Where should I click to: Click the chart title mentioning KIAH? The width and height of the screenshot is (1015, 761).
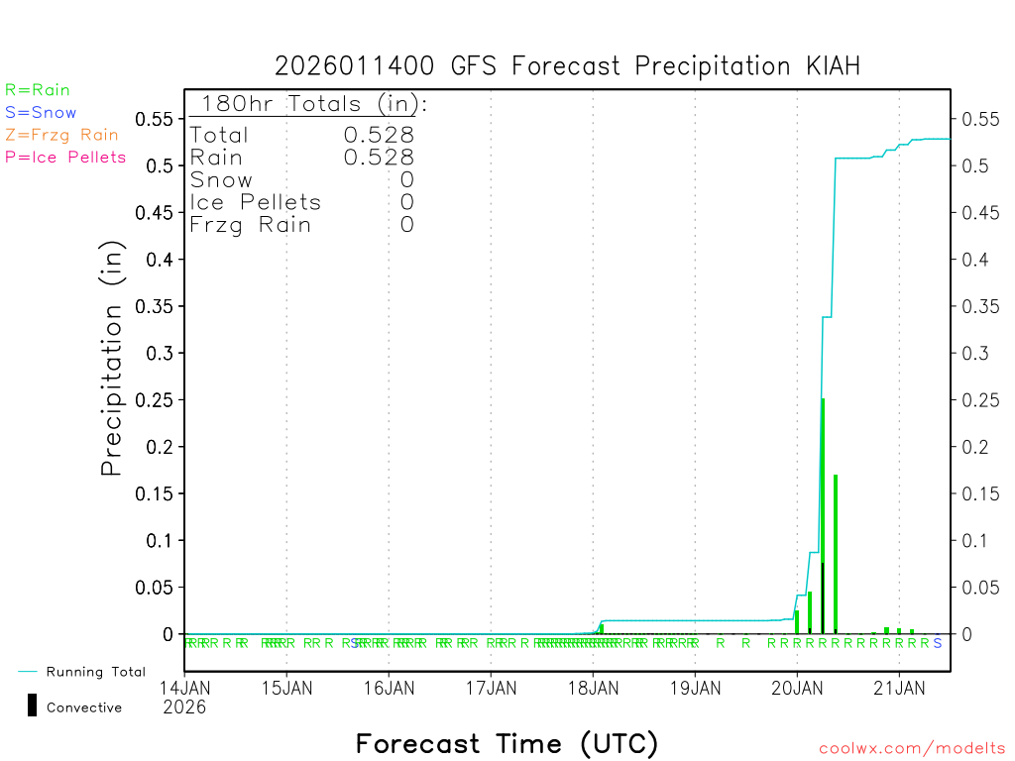point(567,66)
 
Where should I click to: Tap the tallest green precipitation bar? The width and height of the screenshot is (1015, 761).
point(823,515)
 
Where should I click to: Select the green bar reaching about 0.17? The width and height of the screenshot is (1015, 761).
point(836,555)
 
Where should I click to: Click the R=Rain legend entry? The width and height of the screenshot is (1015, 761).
point(38,90)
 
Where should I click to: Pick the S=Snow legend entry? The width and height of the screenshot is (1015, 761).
point(41,113)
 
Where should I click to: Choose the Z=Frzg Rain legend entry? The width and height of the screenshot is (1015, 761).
point(61,135)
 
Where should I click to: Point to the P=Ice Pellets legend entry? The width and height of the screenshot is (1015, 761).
point(65,157)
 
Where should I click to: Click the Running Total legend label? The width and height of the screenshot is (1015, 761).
point(95,672)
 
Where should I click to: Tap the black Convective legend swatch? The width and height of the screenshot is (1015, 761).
point(32,706)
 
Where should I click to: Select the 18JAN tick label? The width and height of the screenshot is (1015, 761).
point(593,687)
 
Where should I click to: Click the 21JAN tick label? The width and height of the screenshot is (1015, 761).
point(899,687)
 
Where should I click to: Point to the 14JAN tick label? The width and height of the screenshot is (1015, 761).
point(184,687)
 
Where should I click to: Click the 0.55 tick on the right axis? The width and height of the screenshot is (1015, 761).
point(979,119)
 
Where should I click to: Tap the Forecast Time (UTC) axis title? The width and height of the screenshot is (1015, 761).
point(507,743)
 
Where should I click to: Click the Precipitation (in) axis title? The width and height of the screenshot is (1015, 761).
point(113,358)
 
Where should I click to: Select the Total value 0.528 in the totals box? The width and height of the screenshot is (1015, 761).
point(379,135)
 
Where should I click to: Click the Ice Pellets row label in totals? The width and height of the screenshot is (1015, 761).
point(256,202)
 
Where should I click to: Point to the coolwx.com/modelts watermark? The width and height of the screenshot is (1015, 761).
point(912,749)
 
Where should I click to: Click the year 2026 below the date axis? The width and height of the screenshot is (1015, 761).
point(184,707)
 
